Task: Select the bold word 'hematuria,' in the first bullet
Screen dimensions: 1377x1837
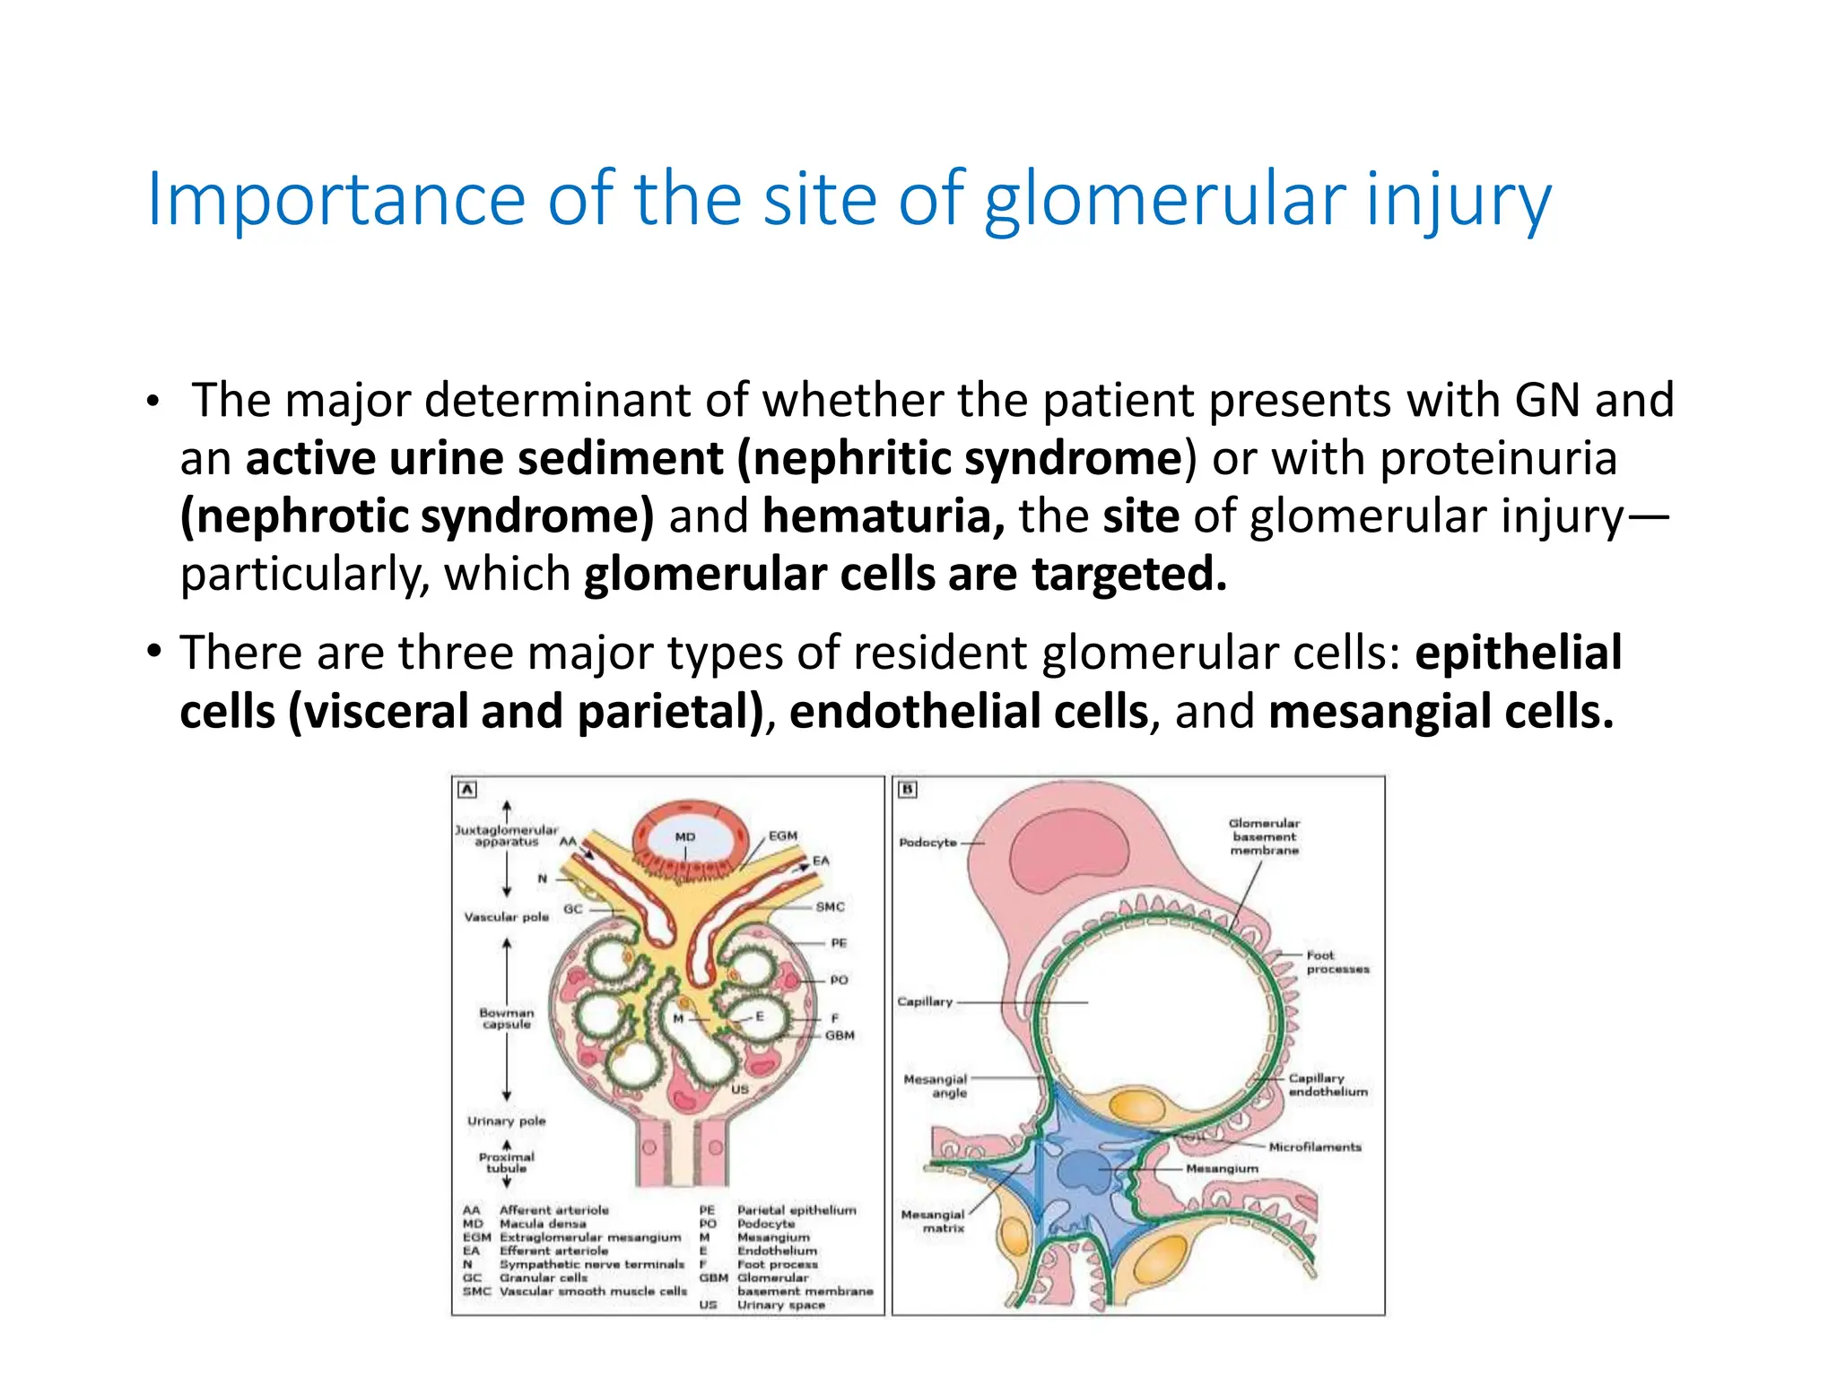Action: click(883, 516)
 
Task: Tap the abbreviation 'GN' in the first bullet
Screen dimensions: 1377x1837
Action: click(1546, 400)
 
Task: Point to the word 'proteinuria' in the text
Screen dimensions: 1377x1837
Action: click(1498, 458)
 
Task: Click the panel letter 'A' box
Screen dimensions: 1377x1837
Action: click(467, 790)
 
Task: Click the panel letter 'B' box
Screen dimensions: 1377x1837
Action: click(908, 790)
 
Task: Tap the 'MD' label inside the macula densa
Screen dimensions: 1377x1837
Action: click(685, 836)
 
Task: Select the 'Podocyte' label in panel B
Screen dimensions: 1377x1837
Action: click(927, 843)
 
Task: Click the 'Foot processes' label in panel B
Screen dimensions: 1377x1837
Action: click(1336, 962)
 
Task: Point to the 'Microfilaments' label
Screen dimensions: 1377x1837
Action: click(1314, 1147)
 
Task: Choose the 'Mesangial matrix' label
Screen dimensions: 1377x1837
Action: click(933, 1221)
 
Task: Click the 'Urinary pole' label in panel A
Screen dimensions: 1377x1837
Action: click(506, 1121)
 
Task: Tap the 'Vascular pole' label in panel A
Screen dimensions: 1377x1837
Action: click(506, 916)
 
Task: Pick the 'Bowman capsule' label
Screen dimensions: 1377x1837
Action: click(506, 1018)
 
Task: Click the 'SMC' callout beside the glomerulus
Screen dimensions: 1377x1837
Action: click(830, 906)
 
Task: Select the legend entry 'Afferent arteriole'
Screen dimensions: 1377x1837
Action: click(553, 1210)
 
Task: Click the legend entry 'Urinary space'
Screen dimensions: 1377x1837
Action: click(780, 1305)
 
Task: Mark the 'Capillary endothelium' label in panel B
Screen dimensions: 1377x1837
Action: click(1328, 1085)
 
